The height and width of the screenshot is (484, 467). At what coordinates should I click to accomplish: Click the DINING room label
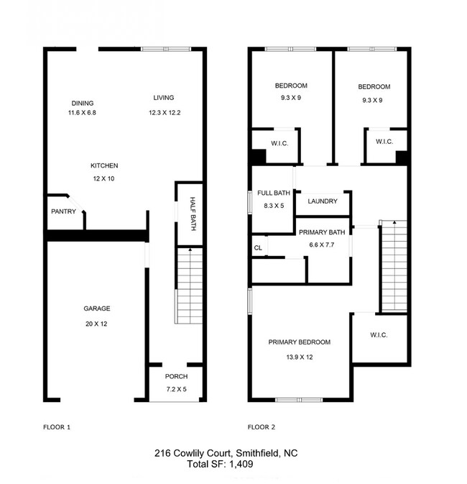82,103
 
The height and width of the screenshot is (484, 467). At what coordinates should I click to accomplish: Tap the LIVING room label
164,98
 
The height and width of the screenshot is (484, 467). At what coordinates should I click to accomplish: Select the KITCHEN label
104,165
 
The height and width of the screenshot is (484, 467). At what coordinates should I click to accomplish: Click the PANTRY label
63,211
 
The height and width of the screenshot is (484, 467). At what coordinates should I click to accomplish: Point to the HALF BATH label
193,214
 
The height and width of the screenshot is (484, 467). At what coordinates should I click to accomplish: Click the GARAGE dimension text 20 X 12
97,324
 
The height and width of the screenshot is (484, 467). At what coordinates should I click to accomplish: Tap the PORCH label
176,377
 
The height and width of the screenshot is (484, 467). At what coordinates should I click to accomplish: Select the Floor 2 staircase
394,266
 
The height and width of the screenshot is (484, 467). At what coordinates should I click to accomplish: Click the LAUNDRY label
323,201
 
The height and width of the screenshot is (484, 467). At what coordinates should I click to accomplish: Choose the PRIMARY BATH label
322,232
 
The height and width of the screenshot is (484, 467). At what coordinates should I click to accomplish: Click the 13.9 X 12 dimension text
300,357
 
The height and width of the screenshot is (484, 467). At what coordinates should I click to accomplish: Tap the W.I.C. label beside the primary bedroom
379,334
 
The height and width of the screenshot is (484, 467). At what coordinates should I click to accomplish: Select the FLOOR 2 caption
262,427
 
